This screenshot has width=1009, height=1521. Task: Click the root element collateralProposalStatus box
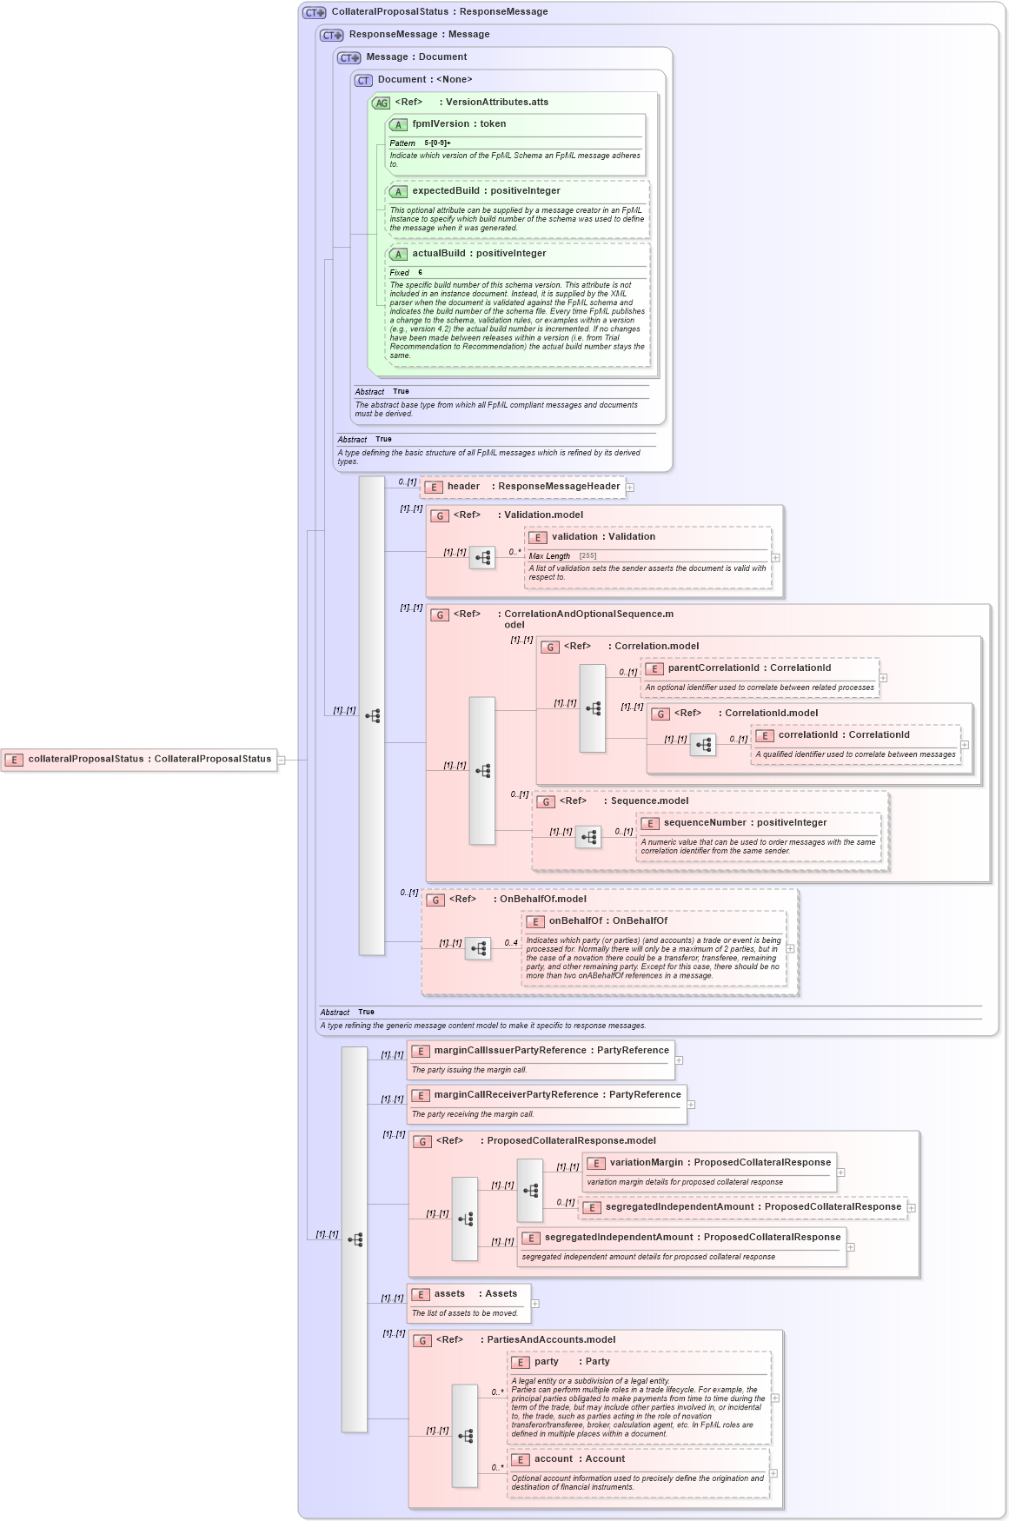coord(139,760)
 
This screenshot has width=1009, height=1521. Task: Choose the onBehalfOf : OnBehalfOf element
coord(607,921)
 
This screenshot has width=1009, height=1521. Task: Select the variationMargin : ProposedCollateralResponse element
coord(709,1163)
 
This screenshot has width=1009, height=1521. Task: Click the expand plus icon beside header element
coord(630,488)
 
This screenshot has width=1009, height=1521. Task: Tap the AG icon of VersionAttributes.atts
coord(381,103)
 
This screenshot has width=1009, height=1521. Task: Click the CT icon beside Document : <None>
coord(363,80)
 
